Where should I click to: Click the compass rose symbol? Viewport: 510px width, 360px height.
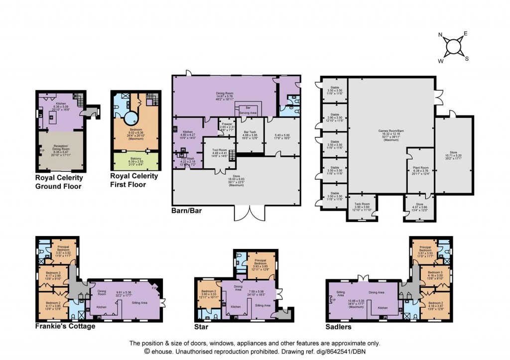click(x=454, y=46)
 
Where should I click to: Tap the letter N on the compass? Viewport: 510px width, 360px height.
click(x=440, y=35)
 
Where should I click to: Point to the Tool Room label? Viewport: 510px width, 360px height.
click(x=220, y=150)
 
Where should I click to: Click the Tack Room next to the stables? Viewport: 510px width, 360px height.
click(x=362, y=206)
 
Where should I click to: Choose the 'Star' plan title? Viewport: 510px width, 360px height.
click(x=201, y=327)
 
